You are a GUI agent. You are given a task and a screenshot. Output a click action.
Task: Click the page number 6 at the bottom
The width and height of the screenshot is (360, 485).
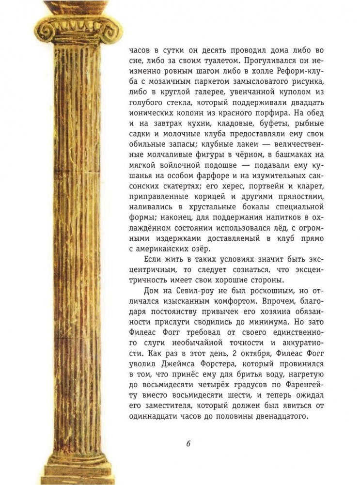[188, 444]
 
